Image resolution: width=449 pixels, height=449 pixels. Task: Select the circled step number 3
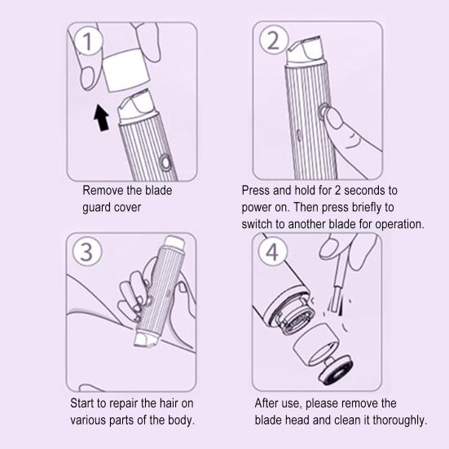tap(87, 252)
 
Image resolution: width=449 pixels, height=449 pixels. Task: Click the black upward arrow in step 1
tap(100, 118)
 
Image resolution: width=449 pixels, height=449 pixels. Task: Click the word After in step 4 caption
tap(268, 404)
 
